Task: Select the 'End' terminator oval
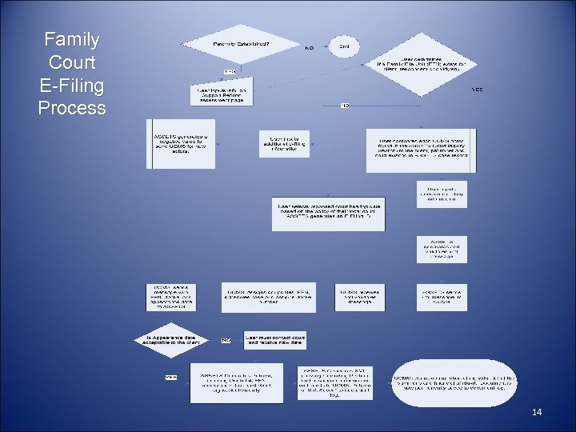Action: [x=344, y=46]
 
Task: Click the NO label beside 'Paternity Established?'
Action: [x=309, y=47]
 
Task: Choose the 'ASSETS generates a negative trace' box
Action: [x=182, y=143]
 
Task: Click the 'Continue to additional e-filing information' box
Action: [x=284, y=142]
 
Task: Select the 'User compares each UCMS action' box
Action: [x=421, y=150]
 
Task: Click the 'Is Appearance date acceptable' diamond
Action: [x=175, y=338]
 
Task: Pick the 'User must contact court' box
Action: [x=275, y=340]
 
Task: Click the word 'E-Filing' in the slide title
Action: [x=72, y=85]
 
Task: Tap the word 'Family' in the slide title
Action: [x=72, y=39]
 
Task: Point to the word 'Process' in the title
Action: [x=72, y=108]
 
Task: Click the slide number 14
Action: [x=537, y=412]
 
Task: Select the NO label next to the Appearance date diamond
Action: [x=226, y=339]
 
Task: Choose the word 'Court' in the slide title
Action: [x=72, y=62]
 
